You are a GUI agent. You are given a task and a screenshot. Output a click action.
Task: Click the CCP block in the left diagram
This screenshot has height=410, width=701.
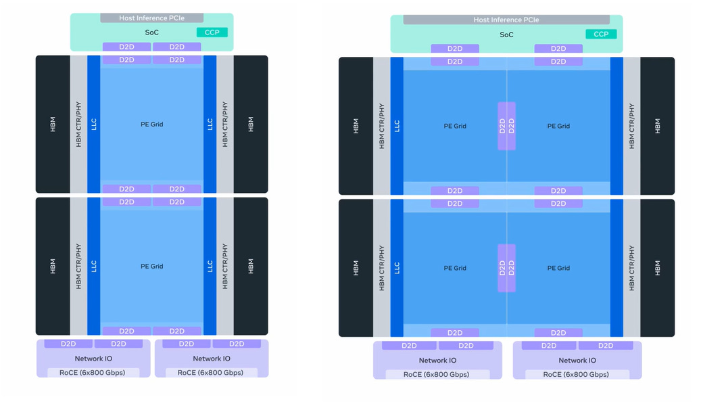212,32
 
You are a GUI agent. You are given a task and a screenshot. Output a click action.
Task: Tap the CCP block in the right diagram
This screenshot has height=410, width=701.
601,34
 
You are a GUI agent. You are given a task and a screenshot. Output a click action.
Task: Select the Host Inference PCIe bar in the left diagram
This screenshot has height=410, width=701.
151,18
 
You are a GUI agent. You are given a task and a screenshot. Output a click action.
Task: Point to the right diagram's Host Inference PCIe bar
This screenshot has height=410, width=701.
506,20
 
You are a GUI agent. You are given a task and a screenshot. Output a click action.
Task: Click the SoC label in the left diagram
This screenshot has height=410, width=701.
151,32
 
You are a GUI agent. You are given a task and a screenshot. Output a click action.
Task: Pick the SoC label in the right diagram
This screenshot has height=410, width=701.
506,35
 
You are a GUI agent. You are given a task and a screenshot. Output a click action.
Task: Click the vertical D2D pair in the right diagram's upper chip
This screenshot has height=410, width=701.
506,126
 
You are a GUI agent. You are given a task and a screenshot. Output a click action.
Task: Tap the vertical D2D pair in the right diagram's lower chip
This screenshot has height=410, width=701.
506,268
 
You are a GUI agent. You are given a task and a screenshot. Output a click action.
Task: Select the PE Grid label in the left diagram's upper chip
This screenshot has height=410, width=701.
151,124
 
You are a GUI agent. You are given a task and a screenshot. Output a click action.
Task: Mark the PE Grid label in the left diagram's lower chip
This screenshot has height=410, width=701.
151,266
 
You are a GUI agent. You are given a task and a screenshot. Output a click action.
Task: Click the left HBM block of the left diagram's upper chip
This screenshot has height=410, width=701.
53,124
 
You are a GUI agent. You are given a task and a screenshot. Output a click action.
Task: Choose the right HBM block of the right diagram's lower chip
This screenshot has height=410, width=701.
657,268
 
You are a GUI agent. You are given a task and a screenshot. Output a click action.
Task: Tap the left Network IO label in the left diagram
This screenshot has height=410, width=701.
93,359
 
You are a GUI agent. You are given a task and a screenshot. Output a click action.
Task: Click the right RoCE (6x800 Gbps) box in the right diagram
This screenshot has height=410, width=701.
577,374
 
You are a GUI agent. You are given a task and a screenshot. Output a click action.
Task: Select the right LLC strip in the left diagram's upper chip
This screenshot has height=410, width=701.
210,124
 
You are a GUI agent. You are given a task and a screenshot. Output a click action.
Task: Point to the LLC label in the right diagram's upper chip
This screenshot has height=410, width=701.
397,126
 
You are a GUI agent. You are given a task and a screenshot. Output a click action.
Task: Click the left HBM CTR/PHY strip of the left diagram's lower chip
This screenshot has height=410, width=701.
78,266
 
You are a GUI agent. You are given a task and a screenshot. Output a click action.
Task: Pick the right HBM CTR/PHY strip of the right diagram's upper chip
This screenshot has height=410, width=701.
631,126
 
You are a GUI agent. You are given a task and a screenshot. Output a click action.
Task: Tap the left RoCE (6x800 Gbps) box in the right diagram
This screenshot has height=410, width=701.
437,374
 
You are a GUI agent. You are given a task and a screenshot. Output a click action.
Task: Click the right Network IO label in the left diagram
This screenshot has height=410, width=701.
212,359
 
